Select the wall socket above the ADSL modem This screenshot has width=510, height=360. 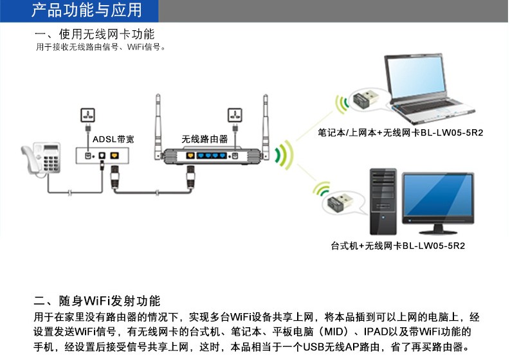(x=87, y=116)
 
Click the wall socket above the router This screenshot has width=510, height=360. (x=235, y=116)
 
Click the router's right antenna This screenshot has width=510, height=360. (x=264, y=122)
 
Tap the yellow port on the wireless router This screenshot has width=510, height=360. (x=190, y=156)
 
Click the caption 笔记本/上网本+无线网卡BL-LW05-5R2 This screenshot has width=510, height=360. (x=401, y=133)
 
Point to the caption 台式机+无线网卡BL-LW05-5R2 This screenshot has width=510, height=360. (x=398, y=246)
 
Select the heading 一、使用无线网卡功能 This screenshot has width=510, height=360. (x=95, y=34)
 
